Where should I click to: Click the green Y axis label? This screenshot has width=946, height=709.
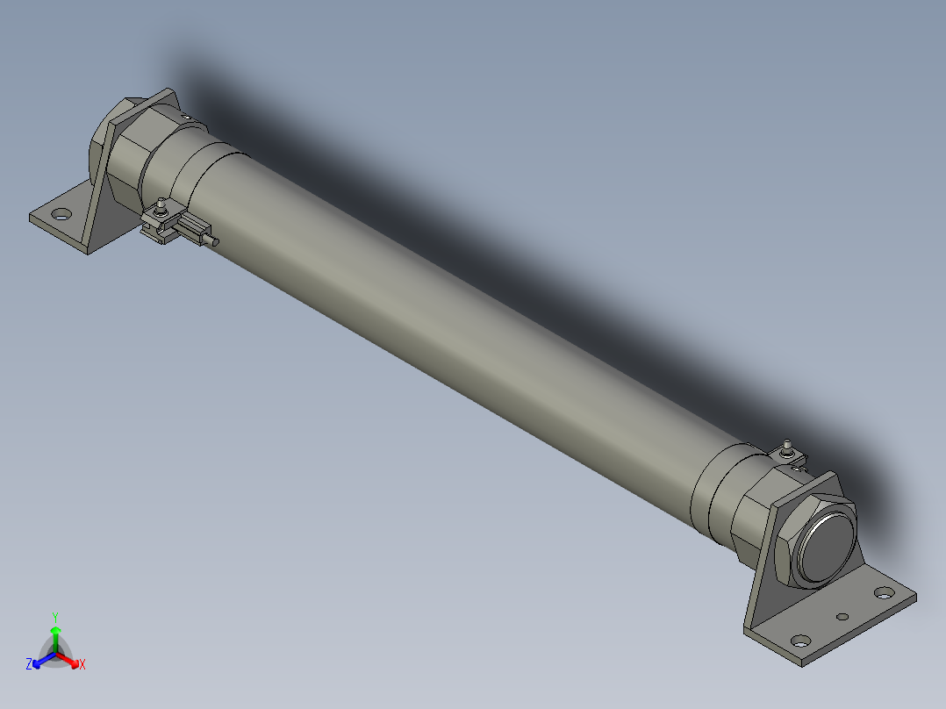point(55,616)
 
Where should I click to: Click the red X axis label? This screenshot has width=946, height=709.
point(82,665)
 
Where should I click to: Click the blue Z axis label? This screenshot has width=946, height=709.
point(29,665)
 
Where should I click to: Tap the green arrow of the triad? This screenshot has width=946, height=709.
point(55,634)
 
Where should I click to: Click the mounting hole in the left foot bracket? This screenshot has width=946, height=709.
point(61,213)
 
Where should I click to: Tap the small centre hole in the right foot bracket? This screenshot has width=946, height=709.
point(842,617)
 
